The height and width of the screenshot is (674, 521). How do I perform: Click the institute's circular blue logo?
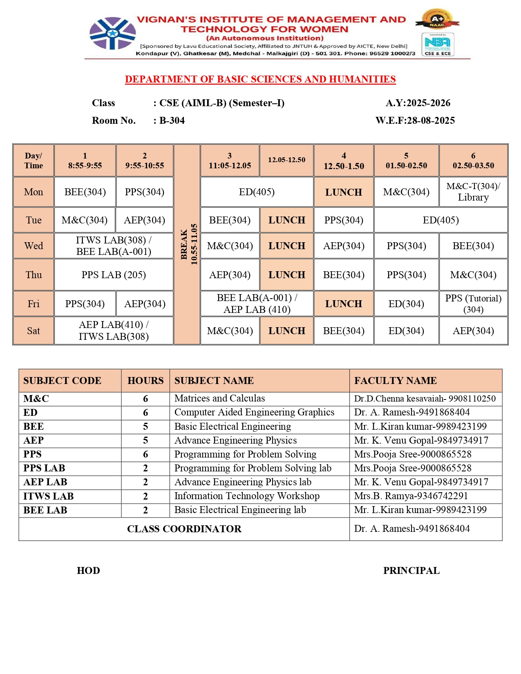point(112,33)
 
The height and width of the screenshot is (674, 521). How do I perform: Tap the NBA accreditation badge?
point(438,44)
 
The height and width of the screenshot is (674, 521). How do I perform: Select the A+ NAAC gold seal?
point(437,19)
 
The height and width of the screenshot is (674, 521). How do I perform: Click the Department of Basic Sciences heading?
point(260,79)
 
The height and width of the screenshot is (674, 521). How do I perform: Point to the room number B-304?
point(172,121)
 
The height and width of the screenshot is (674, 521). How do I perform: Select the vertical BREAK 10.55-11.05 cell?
point(187,244)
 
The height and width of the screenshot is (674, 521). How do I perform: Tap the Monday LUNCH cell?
point(343,192)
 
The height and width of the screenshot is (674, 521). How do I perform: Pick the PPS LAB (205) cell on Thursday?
point(114,275)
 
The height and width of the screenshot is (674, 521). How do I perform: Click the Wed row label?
point(34,245)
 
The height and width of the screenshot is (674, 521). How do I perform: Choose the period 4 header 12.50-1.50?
point(344,161)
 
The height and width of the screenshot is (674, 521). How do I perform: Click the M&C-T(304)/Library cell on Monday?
point(473,192)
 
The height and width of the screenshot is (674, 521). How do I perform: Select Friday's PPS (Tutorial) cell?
point(473,304)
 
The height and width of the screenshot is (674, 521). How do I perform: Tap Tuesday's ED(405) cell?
point(441,220)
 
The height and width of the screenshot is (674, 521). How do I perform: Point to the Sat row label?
point(34,330)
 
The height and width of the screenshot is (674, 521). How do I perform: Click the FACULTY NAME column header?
point(395,381)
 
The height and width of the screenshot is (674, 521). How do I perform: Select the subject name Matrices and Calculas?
point(219,398)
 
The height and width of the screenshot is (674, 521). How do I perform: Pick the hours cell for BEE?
point(145,426)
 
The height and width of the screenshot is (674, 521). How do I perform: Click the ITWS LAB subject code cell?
point(49,496)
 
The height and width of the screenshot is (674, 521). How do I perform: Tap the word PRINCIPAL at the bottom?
point(411,571)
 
